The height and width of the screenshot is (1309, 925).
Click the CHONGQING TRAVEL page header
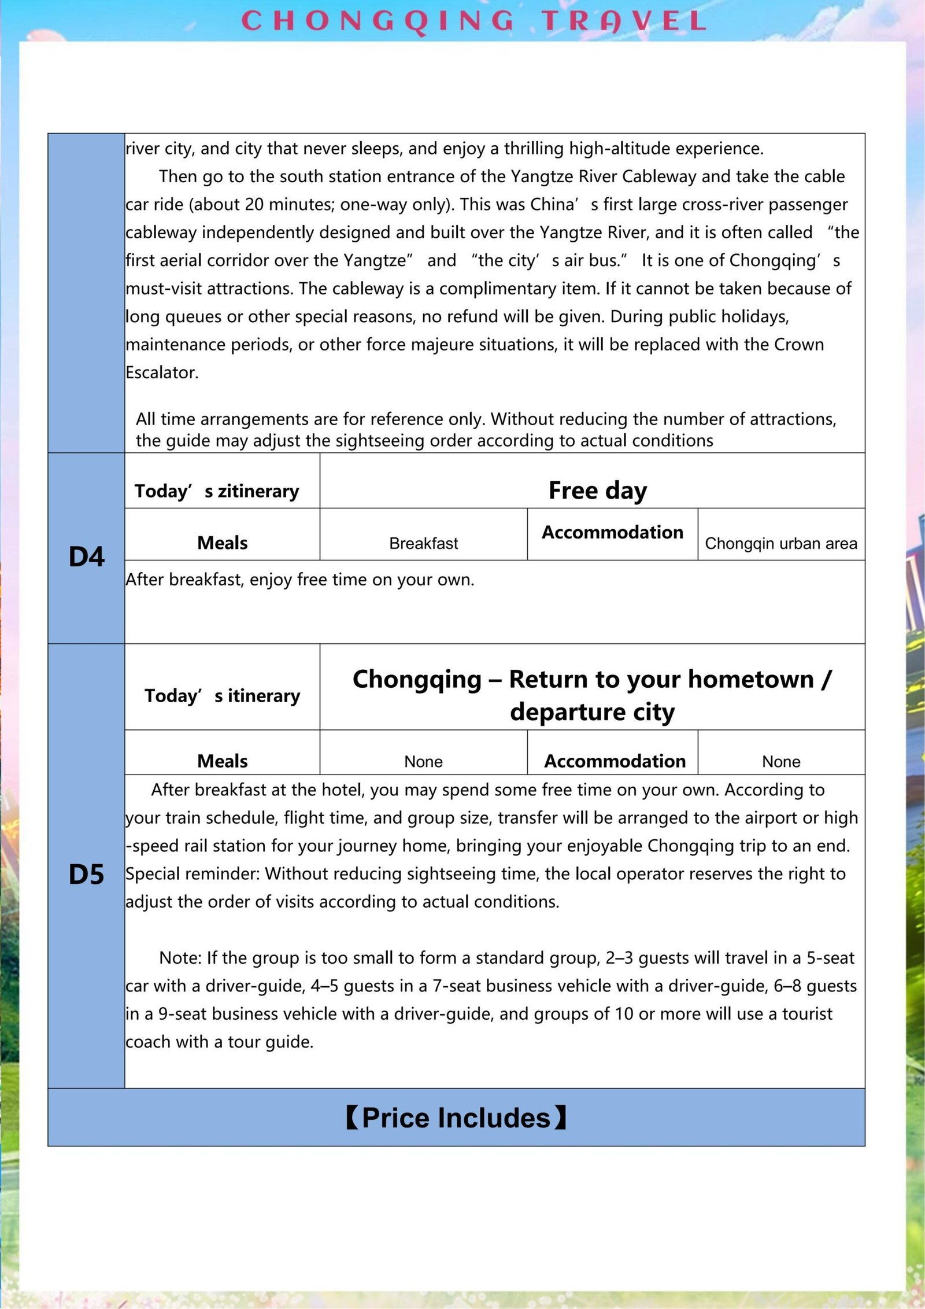(473, 21)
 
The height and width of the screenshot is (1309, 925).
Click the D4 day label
(86, 557)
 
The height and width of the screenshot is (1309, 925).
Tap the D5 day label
(86, 875)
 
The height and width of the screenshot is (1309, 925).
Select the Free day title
(597, 491)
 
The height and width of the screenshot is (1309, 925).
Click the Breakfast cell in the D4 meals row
(423, 544)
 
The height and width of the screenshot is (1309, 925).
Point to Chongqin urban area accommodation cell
(780, 544)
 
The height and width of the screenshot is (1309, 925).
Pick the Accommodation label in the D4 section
(612, 532)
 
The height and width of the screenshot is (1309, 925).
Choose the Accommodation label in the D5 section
(615, 761)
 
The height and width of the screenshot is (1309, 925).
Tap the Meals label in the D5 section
(222, 761)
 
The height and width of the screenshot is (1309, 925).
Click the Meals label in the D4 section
(222, 543)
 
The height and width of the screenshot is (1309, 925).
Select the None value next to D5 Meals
(423, 762)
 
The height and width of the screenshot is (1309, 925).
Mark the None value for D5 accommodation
(780, 762)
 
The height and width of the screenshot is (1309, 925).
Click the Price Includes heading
(456, 1118)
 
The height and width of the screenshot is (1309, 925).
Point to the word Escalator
(161, 373)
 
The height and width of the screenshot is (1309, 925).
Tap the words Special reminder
(192, 874)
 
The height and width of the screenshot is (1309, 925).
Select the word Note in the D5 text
(179, 958)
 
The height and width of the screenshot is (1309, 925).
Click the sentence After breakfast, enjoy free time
(299, 580)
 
